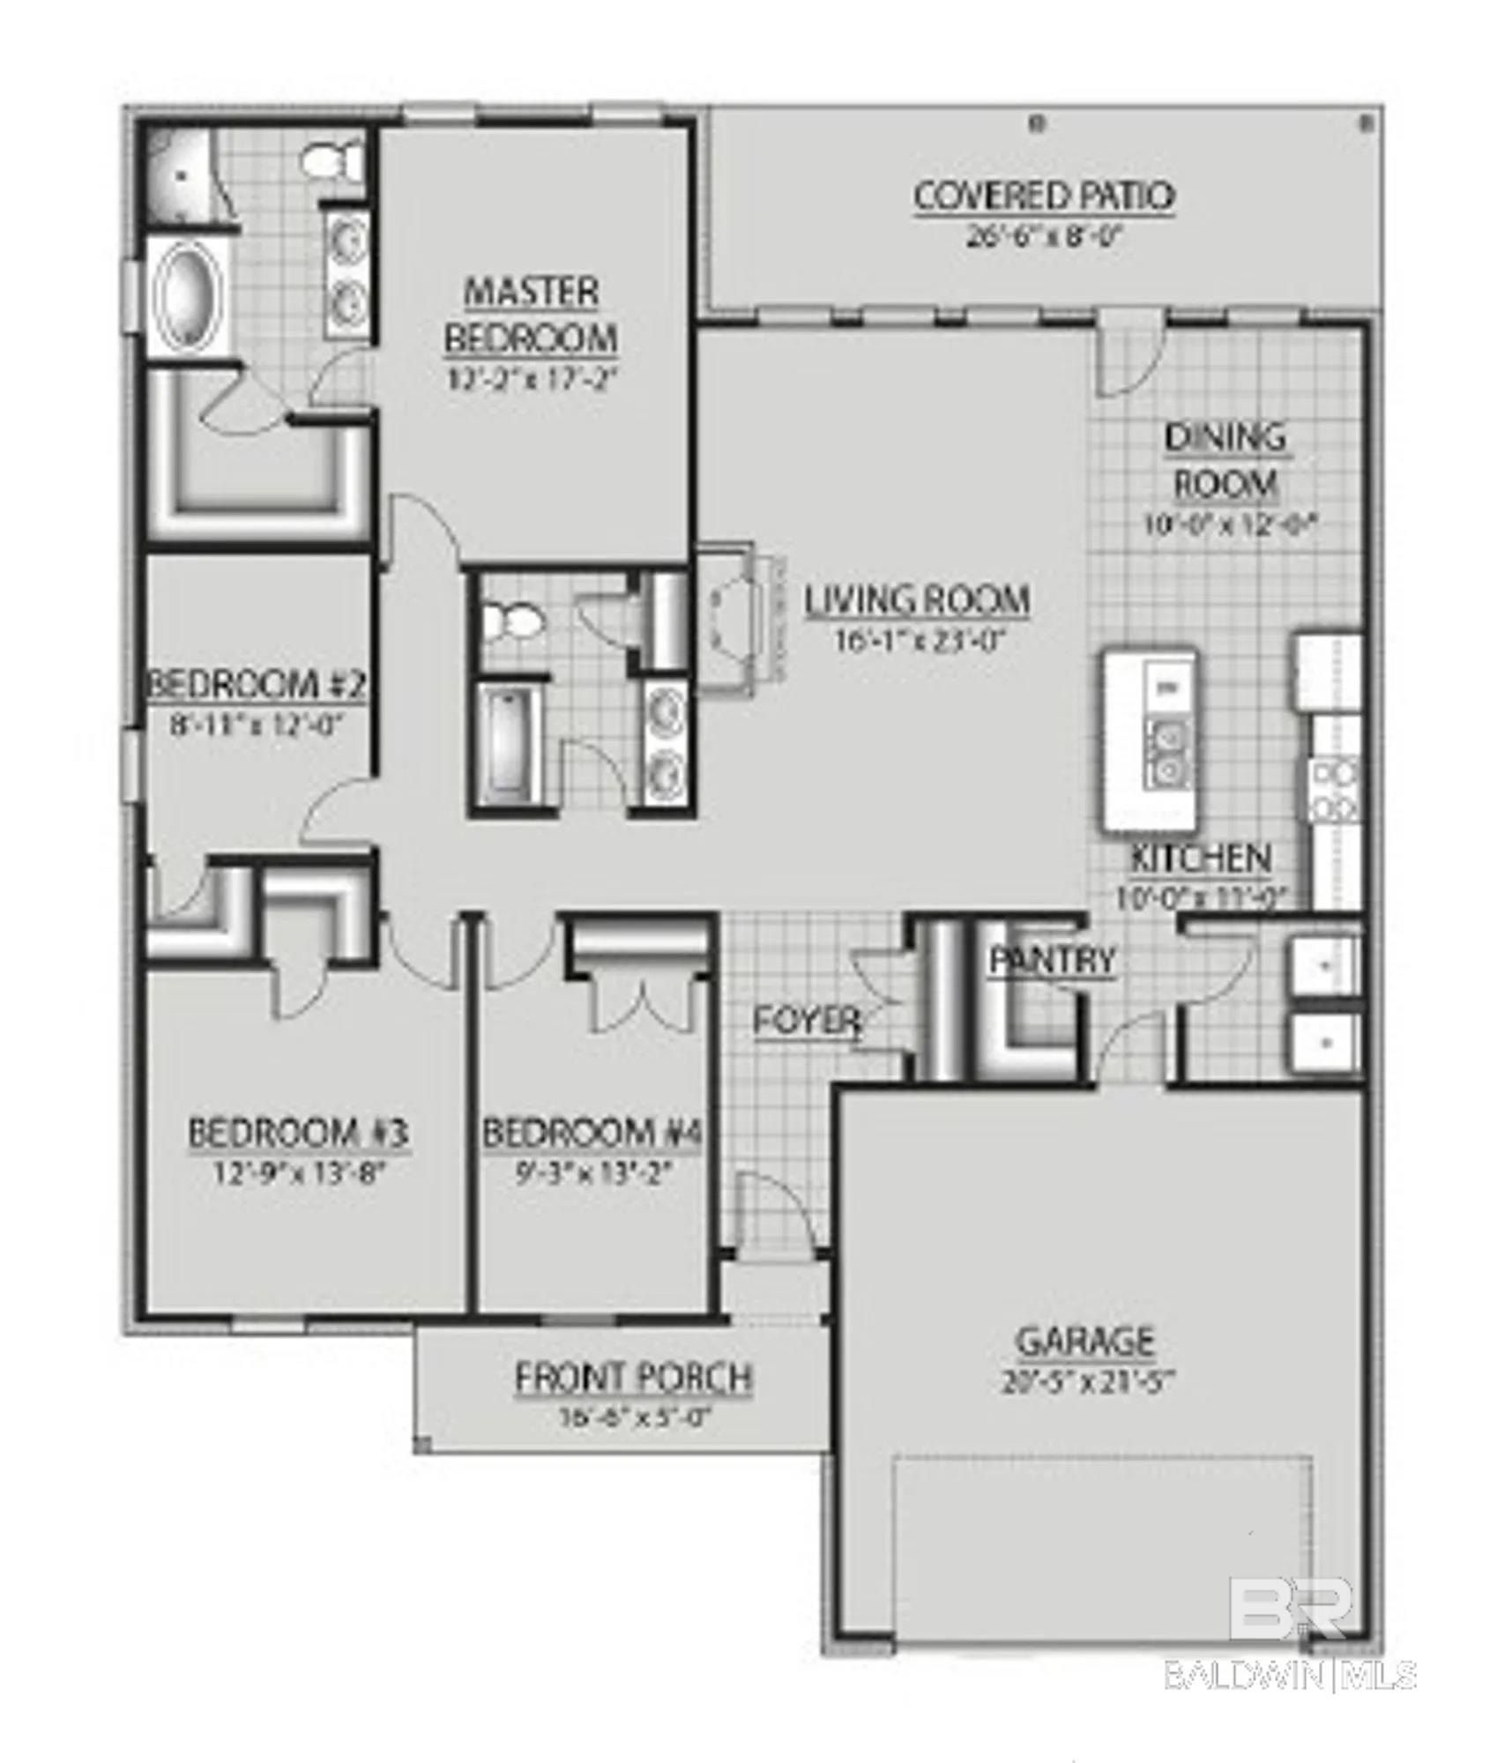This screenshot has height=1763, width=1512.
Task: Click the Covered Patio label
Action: click(1044, 197)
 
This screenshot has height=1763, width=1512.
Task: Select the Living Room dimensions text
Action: click(920, 640)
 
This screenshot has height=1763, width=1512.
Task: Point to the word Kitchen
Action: click(1201, 858)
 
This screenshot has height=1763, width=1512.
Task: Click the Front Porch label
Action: click(633, 1378)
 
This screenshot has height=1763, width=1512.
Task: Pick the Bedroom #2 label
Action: click(255, 685)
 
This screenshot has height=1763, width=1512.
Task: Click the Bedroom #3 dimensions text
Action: click(299, 1173)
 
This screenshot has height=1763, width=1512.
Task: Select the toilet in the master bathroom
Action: click(331, 160)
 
